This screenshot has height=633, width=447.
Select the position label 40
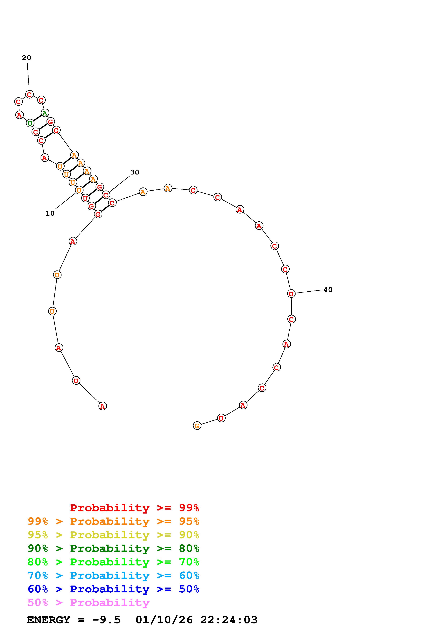[x=328, y=290]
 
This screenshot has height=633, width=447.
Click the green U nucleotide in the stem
[x=30, y=123]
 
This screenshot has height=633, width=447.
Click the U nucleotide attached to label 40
[x=291, y=294]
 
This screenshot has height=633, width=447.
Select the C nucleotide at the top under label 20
[x=29, y=94]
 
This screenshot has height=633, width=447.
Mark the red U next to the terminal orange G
[x=221, y=418]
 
